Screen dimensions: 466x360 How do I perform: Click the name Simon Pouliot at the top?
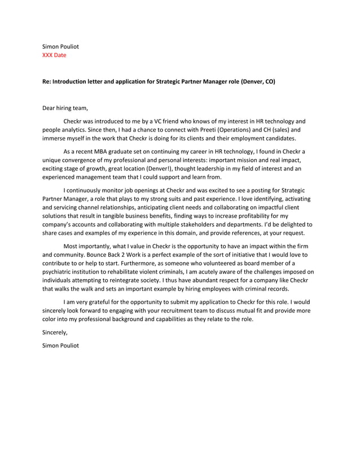(61, 46)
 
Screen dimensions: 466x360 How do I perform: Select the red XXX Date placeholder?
(55, 55)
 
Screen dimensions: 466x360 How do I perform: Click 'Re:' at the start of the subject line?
(47, 82)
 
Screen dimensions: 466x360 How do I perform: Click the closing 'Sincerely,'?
(55, 332)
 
